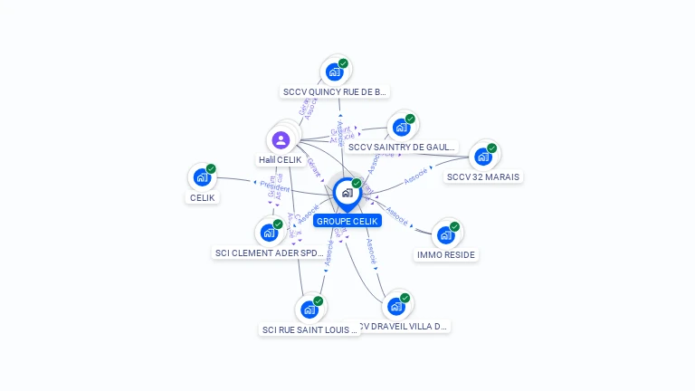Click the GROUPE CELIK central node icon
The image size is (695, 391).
click(x=347, y=193)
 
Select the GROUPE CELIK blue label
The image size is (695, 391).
click(x=347, y=221)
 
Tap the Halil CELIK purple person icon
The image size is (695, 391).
click(x=281, y=139)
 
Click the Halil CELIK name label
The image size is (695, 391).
click(x=280, y=160)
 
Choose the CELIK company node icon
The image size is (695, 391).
click(x=202, y=177)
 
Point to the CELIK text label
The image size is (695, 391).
click(x=203, y=197)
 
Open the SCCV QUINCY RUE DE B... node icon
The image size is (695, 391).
click(x=335, y=72)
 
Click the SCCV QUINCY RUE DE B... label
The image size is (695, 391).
click(x=335, y=91)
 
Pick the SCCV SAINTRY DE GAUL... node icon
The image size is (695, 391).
click(x=401, y=127)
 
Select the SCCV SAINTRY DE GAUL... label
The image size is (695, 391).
click(x=401, y=147)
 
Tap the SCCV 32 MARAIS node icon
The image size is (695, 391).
click(x=483, y=157)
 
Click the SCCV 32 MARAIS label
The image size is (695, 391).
click(x=483, y=176)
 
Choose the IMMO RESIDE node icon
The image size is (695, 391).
click(x=445, y=235)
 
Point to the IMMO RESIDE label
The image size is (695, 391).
click(x=446, y=255)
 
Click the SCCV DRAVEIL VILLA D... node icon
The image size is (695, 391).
click(x=395, y=307)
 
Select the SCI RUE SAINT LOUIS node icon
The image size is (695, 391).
click(x=309, y=310)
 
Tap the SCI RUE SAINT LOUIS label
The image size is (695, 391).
click(x=309, y=330)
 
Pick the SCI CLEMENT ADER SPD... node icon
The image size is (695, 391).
click(x=269, y=233)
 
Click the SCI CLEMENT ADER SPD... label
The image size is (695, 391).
click(x=269, y=253)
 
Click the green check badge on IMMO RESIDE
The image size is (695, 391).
click(x=454, y=226)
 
